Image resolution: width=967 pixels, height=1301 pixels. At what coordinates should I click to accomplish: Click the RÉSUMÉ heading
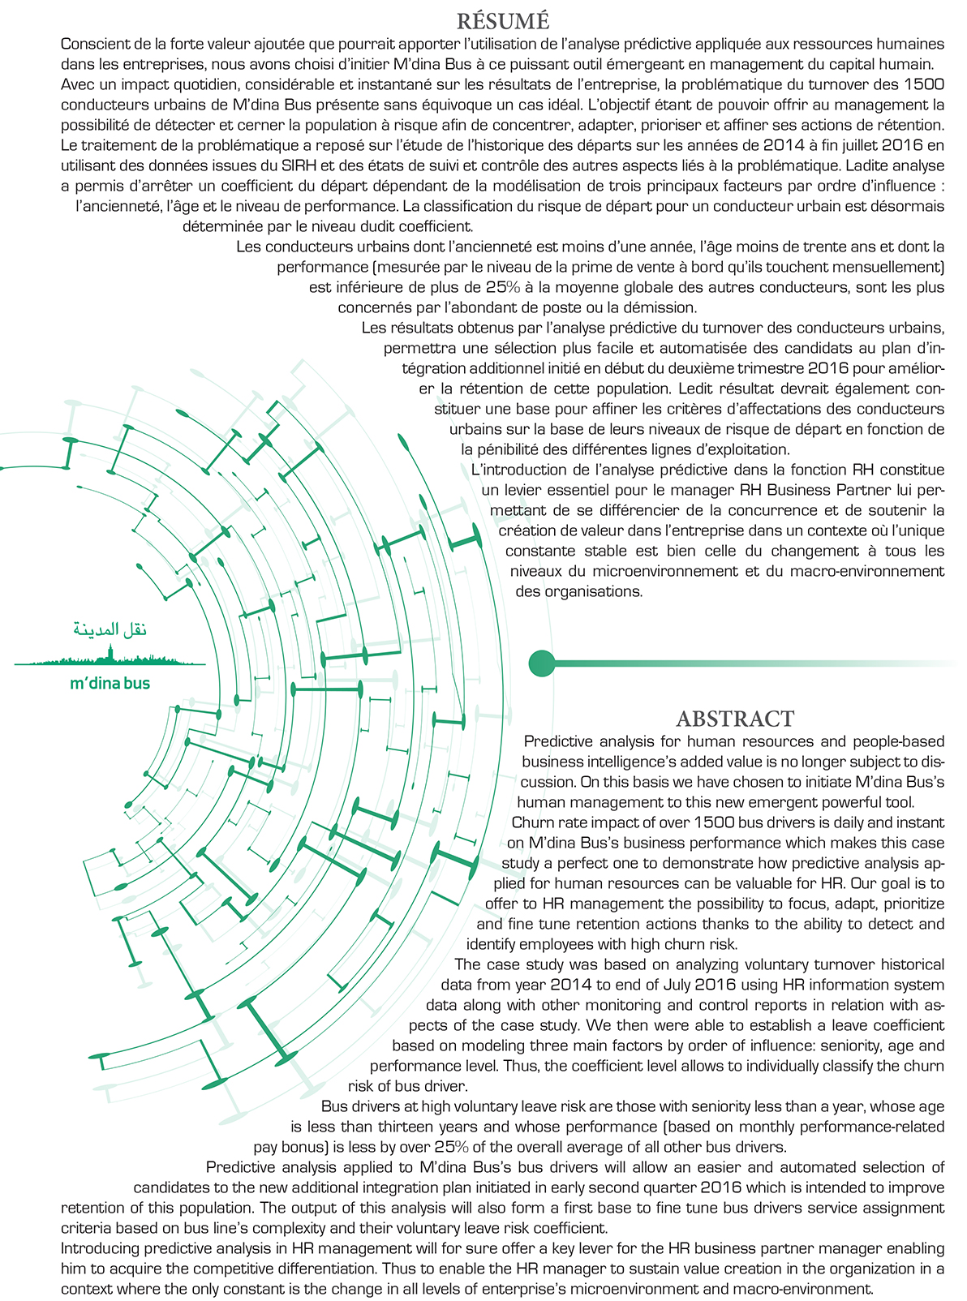click(503, 19)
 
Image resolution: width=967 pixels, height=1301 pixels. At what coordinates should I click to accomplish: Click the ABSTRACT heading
click(735, 719)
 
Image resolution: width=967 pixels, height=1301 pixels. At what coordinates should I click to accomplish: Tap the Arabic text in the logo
click(110, 630)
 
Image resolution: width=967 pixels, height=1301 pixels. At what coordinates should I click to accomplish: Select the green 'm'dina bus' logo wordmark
click(110, 683)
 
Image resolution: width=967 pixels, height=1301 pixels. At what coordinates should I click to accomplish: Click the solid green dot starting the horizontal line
click(541, 663)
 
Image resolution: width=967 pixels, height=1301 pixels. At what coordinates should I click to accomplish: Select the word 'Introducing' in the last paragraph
click(100, 1248)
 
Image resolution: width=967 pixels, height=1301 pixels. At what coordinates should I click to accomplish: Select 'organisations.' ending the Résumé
click(579, 591)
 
